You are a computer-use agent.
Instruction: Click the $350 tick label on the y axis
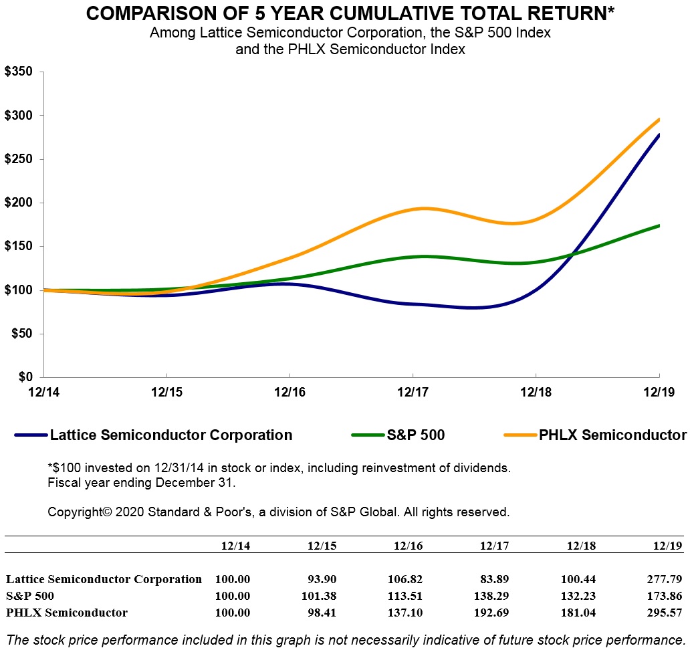pos(19,72)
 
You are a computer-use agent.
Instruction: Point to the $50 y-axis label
pos(21,334)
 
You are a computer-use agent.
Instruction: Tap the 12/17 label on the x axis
pos(413,391)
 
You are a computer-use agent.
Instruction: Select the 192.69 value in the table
pos(494,612)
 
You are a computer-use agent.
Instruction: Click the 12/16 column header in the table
pos(408,546)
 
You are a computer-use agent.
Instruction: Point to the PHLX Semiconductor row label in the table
pos(67,612)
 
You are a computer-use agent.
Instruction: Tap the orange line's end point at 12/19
pos(659,120)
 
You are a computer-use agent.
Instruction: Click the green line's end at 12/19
pos(659,225)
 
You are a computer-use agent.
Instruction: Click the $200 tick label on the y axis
pos(19,203)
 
